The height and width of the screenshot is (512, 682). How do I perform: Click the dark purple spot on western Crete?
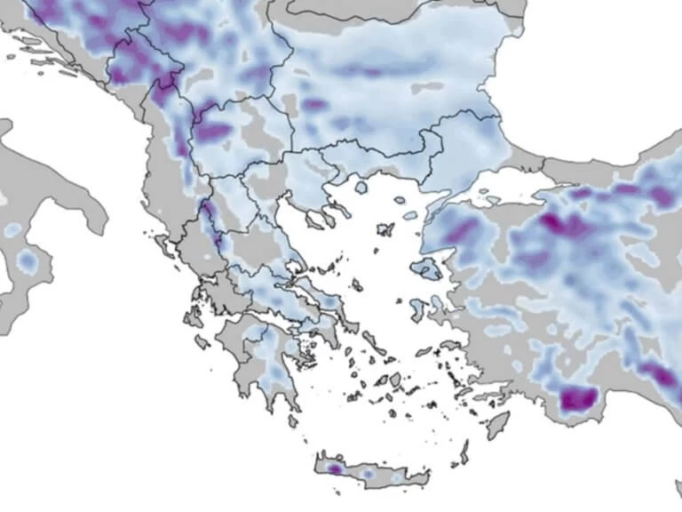[x=334, y=468]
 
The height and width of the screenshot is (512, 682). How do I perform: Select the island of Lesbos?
[x=427, y=268]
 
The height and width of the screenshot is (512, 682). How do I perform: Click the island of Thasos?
[x=361, y=188]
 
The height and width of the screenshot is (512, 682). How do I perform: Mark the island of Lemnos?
[x=385, y=229]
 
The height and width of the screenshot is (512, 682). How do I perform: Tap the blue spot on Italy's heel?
[x=28, y=261]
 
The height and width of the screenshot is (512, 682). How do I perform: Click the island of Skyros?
[x=354, y=285]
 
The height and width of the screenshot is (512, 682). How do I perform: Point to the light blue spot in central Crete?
[x=368, y=474]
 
